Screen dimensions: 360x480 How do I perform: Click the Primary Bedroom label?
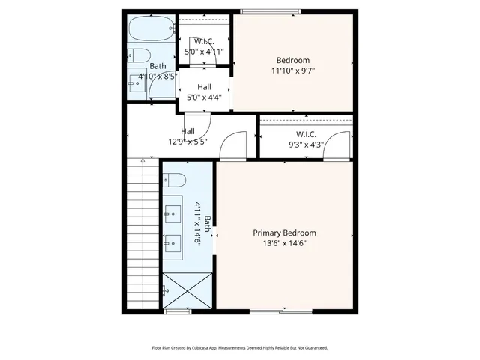(283, 232)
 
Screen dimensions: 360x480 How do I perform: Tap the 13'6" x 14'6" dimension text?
(283, 243)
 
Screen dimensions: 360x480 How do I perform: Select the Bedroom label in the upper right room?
(292, 61)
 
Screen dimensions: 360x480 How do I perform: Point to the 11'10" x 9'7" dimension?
(292, 71)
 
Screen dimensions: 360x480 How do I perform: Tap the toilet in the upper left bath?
(136, 55)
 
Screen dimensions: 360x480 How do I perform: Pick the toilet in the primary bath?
(174, 181)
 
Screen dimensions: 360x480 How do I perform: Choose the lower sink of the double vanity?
(173, 242)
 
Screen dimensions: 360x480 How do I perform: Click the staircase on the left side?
(142, 232)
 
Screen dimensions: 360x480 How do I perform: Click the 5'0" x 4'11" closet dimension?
(204, 52)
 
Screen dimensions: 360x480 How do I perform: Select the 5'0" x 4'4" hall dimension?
(204, 97)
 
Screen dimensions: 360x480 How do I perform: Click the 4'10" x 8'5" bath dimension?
(157, 76)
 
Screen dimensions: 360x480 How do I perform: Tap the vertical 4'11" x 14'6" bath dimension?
(199, 219)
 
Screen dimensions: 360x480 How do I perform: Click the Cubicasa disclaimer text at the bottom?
(240, 348)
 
